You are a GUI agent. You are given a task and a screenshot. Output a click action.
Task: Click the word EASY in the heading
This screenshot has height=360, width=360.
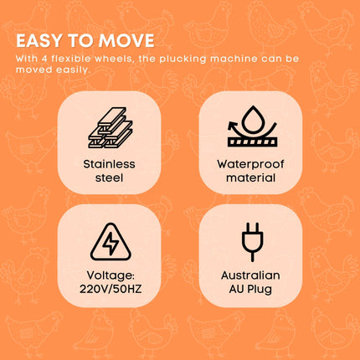tap(39, 41)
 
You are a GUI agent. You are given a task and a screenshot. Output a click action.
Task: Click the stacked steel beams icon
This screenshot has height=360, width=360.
tap(111, 127)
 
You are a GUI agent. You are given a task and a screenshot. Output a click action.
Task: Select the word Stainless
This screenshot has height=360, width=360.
tap(109, 164)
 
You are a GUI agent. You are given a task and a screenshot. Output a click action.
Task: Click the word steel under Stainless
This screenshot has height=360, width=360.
tap(109, 177)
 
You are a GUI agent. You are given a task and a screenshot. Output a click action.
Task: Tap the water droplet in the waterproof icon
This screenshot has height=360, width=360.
tap(253, 120)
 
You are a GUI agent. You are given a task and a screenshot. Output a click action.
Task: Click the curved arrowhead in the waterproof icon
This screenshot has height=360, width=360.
tap(232, 126)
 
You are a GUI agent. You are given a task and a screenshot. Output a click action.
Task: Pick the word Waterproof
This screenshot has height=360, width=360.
tap(250, 164)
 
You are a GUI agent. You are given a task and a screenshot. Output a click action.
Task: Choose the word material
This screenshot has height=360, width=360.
tap(250, 177)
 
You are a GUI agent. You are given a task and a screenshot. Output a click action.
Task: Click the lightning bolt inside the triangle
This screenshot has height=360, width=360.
tap(111, 243)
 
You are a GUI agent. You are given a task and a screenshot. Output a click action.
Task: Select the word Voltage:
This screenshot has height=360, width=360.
tap(111, 275)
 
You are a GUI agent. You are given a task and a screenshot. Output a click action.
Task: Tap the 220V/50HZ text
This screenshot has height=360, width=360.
tap(111, 289)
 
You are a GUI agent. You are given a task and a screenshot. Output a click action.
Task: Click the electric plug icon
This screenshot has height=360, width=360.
tap(252, 242)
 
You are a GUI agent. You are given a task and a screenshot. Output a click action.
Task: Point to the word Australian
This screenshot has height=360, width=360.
tap(250, 275)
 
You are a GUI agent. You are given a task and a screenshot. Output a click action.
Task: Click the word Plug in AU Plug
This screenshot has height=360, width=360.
tap(260, 289)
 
